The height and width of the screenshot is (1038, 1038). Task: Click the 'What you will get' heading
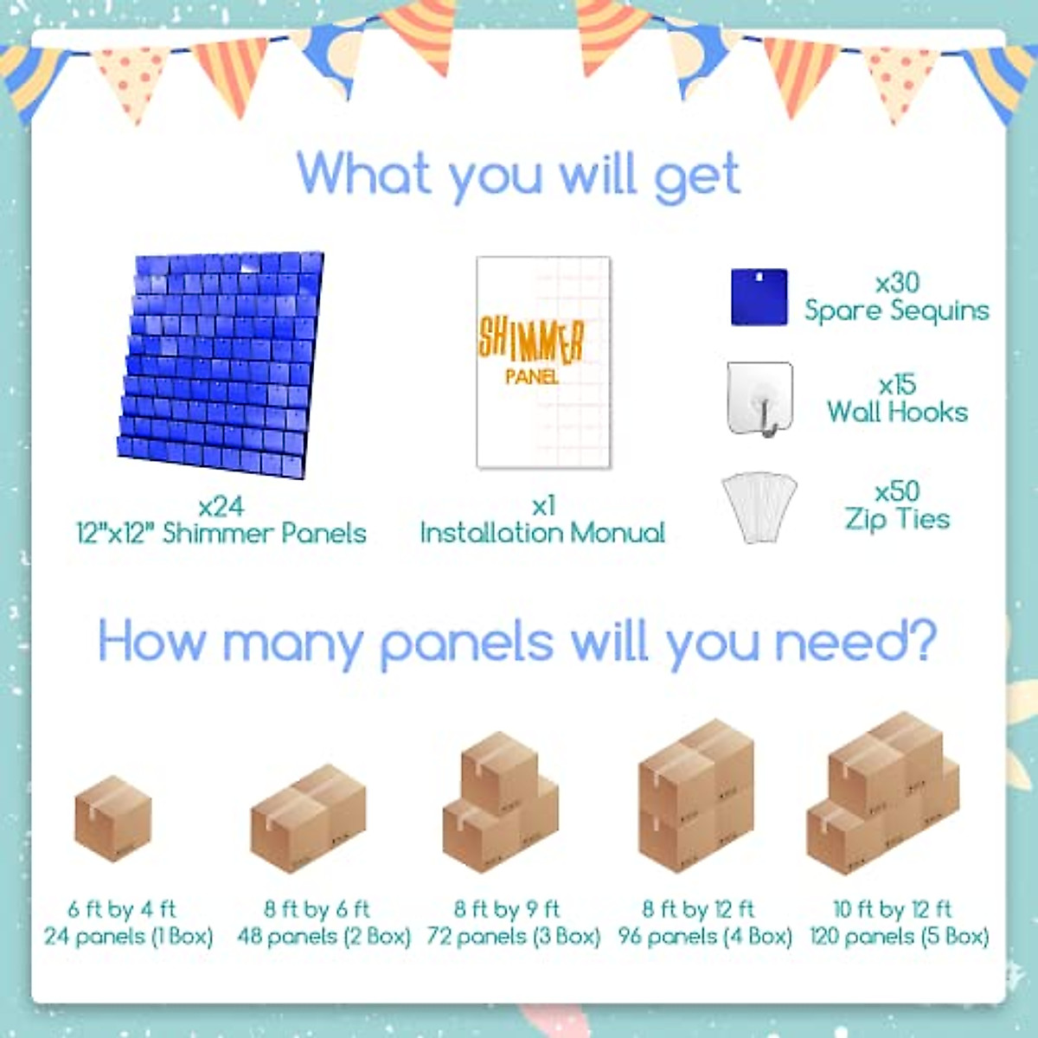coord(519,175)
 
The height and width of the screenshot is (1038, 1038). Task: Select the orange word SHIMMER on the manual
coord(531,339)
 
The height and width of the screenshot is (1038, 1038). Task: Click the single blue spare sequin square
coord(759,297)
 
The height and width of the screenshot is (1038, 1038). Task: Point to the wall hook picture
coord(759,399)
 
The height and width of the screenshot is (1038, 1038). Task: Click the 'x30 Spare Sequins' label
coord(896,297)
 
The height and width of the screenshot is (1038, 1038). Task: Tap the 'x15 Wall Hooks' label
coord(897,399)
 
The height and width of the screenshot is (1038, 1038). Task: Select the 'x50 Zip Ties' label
coord(897,505)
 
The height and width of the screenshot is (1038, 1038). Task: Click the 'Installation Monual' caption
coord(542,532)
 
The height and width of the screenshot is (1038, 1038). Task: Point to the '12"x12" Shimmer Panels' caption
coord(221,532)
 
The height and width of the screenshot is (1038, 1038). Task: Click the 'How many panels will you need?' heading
coord(517,643)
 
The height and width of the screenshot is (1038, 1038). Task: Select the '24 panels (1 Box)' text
coord(128,936)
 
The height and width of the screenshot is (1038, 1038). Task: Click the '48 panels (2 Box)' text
coord(324,936)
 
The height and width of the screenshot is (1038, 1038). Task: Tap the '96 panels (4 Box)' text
coord(704,936)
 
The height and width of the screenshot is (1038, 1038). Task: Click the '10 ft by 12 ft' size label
coord(892,909)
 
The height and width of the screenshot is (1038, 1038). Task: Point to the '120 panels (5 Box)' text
coord(899,936)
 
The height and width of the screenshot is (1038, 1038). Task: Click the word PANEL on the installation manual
coord(531,377)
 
